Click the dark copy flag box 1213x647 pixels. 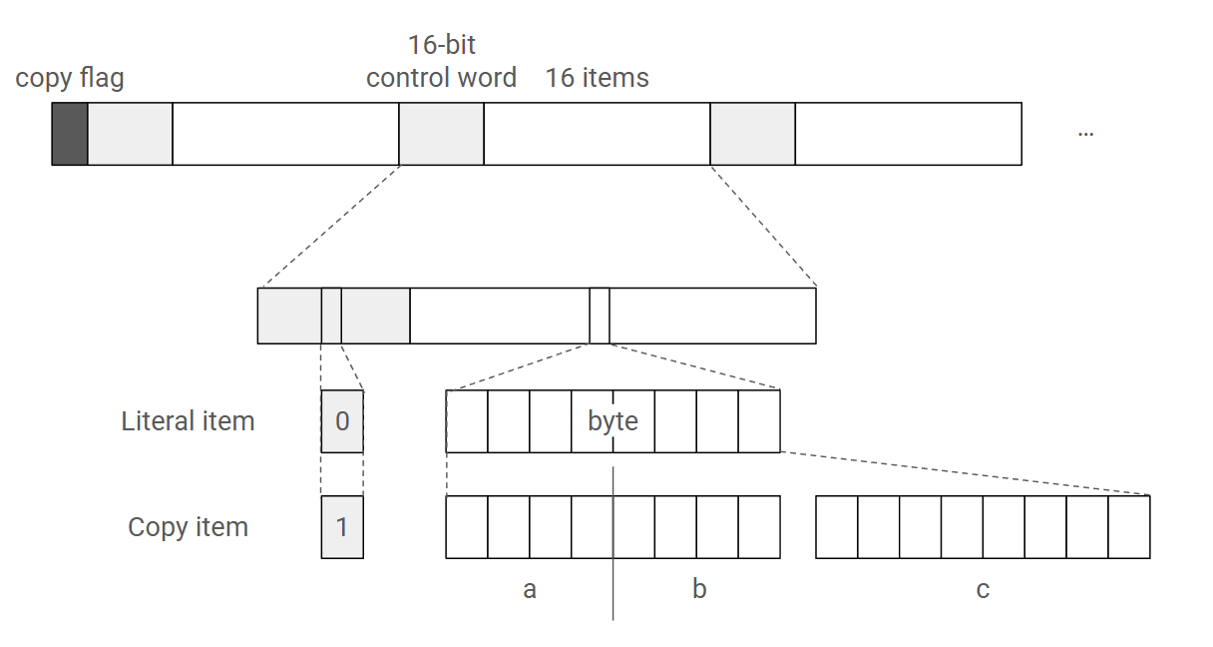(x=70, y=133)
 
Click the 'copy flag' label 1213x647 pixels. (x=70, y=78)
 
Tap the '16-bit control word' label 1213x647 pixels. (x=441, y=62)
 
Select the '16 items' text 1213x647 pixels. (x=597, y=78)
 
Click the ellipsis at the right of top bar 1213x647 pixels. (x=1085, y=132)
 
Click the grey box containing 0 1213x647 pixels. (x=342, y=421)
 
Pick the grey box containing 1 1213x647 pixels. (x=342, y=527)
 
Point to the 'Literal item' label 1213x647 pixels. (x=188, y=421)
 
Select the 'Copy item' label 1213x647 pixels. (x=188, y=527)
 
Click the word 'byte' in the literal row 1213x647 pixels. (x=612, y=421)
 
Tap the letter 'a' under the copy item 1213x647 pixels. (x=530, y=589)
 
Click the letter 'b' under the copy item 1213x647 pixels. (x=699, y=589)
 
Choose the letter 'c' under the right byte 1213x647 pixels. (x=983, y=589)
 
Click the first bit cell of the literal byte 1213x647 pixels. (x=467, y=421)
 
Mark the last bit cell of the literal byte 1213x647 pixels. (x=759, y=421)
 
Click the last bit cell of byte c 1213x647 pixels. (x=1129, y=527)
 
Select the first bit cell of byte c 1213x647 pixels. (x=837, y=527)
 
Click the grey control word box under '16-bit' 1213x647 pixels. (x=441, y=133)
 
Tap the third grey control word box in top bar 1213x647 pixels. (x=752, y=133)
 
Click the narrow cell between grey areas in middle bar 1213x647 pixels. (x=331, y=316)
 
